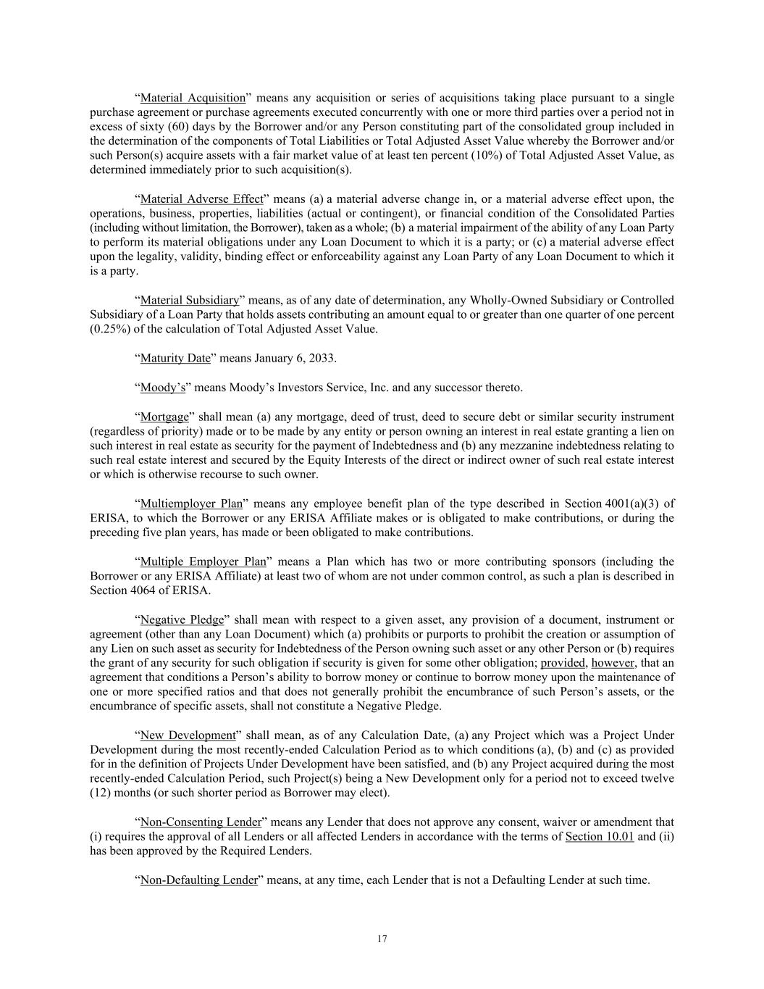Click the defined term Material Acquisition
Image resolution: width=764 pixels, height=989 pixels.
coord(193,98)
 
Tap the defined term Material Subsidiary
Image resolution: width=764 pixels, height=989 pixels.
coord(189,300)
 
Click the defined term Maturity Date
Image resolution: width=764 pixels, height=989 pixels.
coord(175,358)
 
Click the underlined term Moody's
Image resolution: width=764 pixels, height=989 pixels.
coord(162,387)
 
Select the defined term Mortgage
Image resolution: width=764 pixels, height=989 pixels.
coord(164,417)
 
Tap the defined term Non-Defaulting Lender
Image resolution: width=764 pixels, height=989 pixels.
coord(198,880)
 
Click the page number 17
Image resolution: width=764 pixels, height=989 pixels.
coord(382,939)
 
